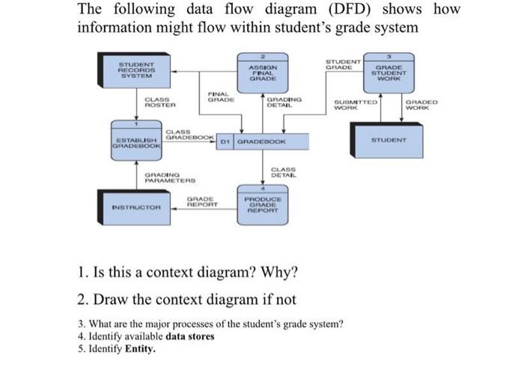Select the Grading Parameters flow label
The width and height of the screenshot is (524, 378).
[170, 177]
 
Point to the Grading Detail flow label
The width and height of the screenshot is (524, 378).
[283, 103]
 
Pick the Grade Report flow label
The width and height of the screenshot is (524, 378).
[201, 200]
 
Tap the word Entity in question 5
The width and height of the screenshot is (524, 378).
[139, 348]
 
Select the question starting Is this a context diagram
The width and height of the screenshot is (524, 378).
[188, 270]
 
